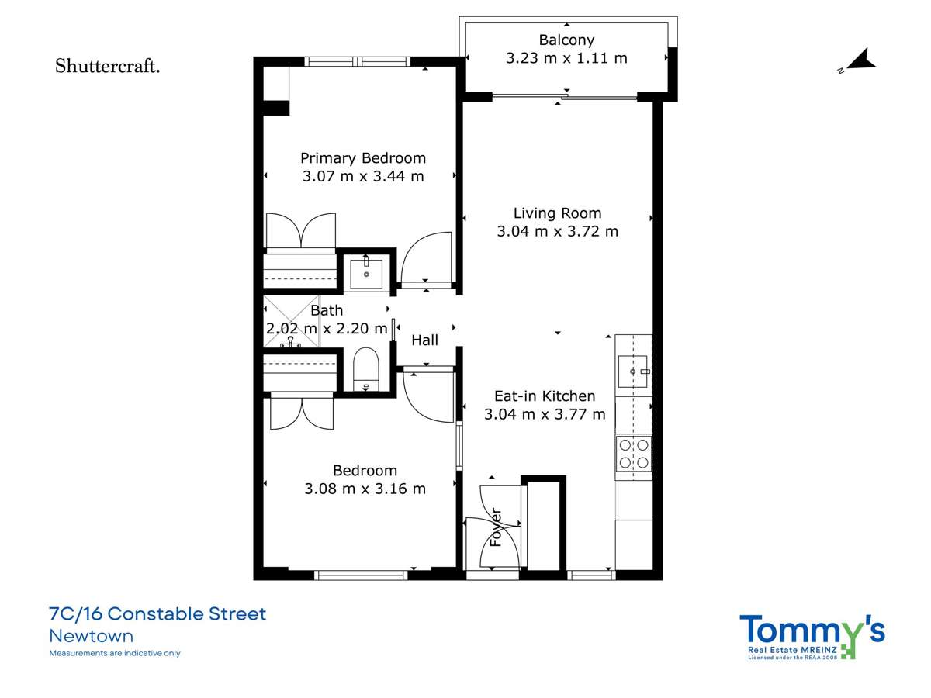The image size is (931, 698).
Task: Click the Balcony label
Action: point(566,40)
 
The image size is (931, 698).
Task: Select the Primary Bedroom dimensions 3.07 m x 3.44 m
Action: point(363,176)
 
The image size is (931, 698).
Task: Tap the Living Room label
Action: point(557,213)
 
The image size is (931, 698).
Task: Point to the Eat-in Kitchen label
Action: point(545,396)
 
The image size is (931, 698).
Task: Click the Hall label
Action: point(424,340)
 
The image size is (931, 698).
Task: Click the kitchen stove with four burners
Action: point(633,454)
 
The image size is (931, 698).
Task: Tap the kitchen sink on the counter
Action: point(633,372)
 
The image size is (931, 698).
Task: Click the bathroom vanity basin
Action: point(365,273)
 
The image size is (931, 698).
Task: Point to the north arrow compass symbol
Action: point(859,61)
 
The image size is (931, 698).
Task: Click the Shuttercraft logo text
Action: point(108,67)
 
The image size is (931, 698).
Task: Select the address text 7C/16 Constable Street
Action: point(157,614)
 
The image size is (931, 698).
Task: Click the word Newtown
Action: point(91,637)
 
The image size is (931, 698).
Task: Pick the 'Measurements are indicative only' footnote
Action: point(115,653)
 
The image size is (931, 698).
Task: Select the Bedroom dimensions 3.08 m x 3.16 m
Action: point(365,489)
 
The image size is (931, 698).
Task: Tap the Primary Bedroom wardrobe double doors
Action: point(300,231)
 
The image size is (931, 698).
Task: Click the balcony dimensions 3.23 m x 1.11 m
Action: point(566,58)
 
